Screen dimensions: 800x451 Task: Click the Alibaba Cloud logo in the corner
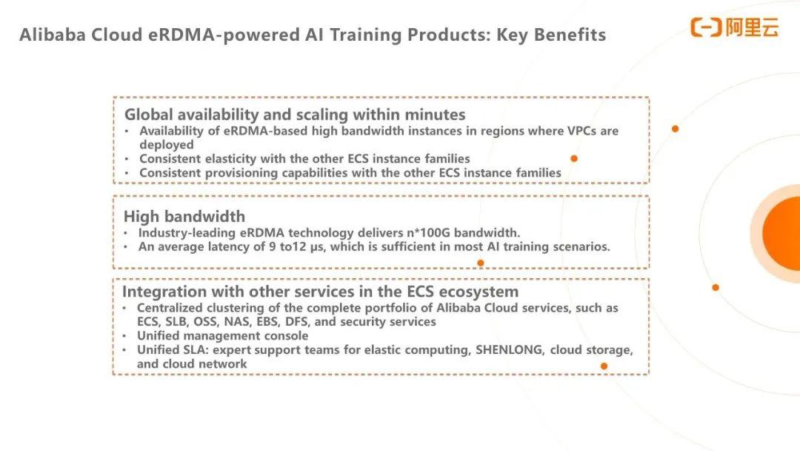(x=735, y=27)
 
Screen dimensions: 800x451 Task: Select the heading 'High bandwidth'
(x=184, y=217)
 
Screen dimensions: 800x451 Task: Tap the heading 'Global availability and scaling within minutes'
(x=295, y=114)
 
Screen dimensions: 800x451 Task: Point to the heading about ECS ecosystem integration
(x=321, y=292)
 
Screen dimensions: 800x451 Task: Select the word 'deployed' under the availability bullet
(x=167, y=145)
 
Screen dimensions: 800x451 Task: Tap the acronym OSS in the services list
(x=205, y=322)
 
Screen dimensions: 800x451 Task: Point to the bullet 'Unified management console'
(x=222, y=336)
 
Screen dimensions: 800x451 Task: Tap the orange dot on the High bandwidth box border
(x=481, y=263)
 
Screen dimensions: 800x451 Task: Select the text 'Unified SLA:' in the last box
(x=173, y=350)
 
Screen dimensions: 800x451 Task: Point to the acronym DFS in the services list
(x=298, y=322)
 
